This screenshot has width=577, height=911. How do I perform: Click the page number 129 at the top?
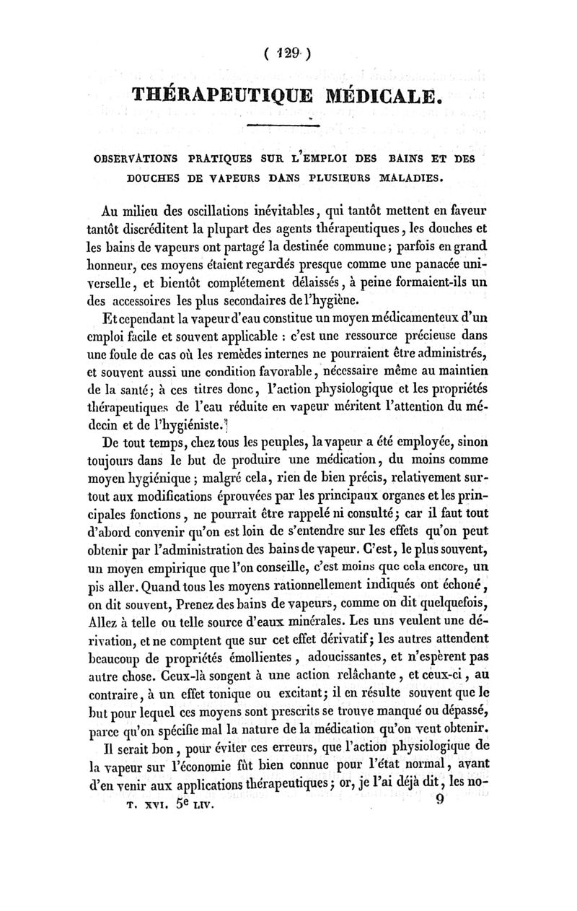coord(288,54)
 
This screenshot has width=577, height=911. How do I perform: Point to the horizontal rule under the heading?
coord(288,126)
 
